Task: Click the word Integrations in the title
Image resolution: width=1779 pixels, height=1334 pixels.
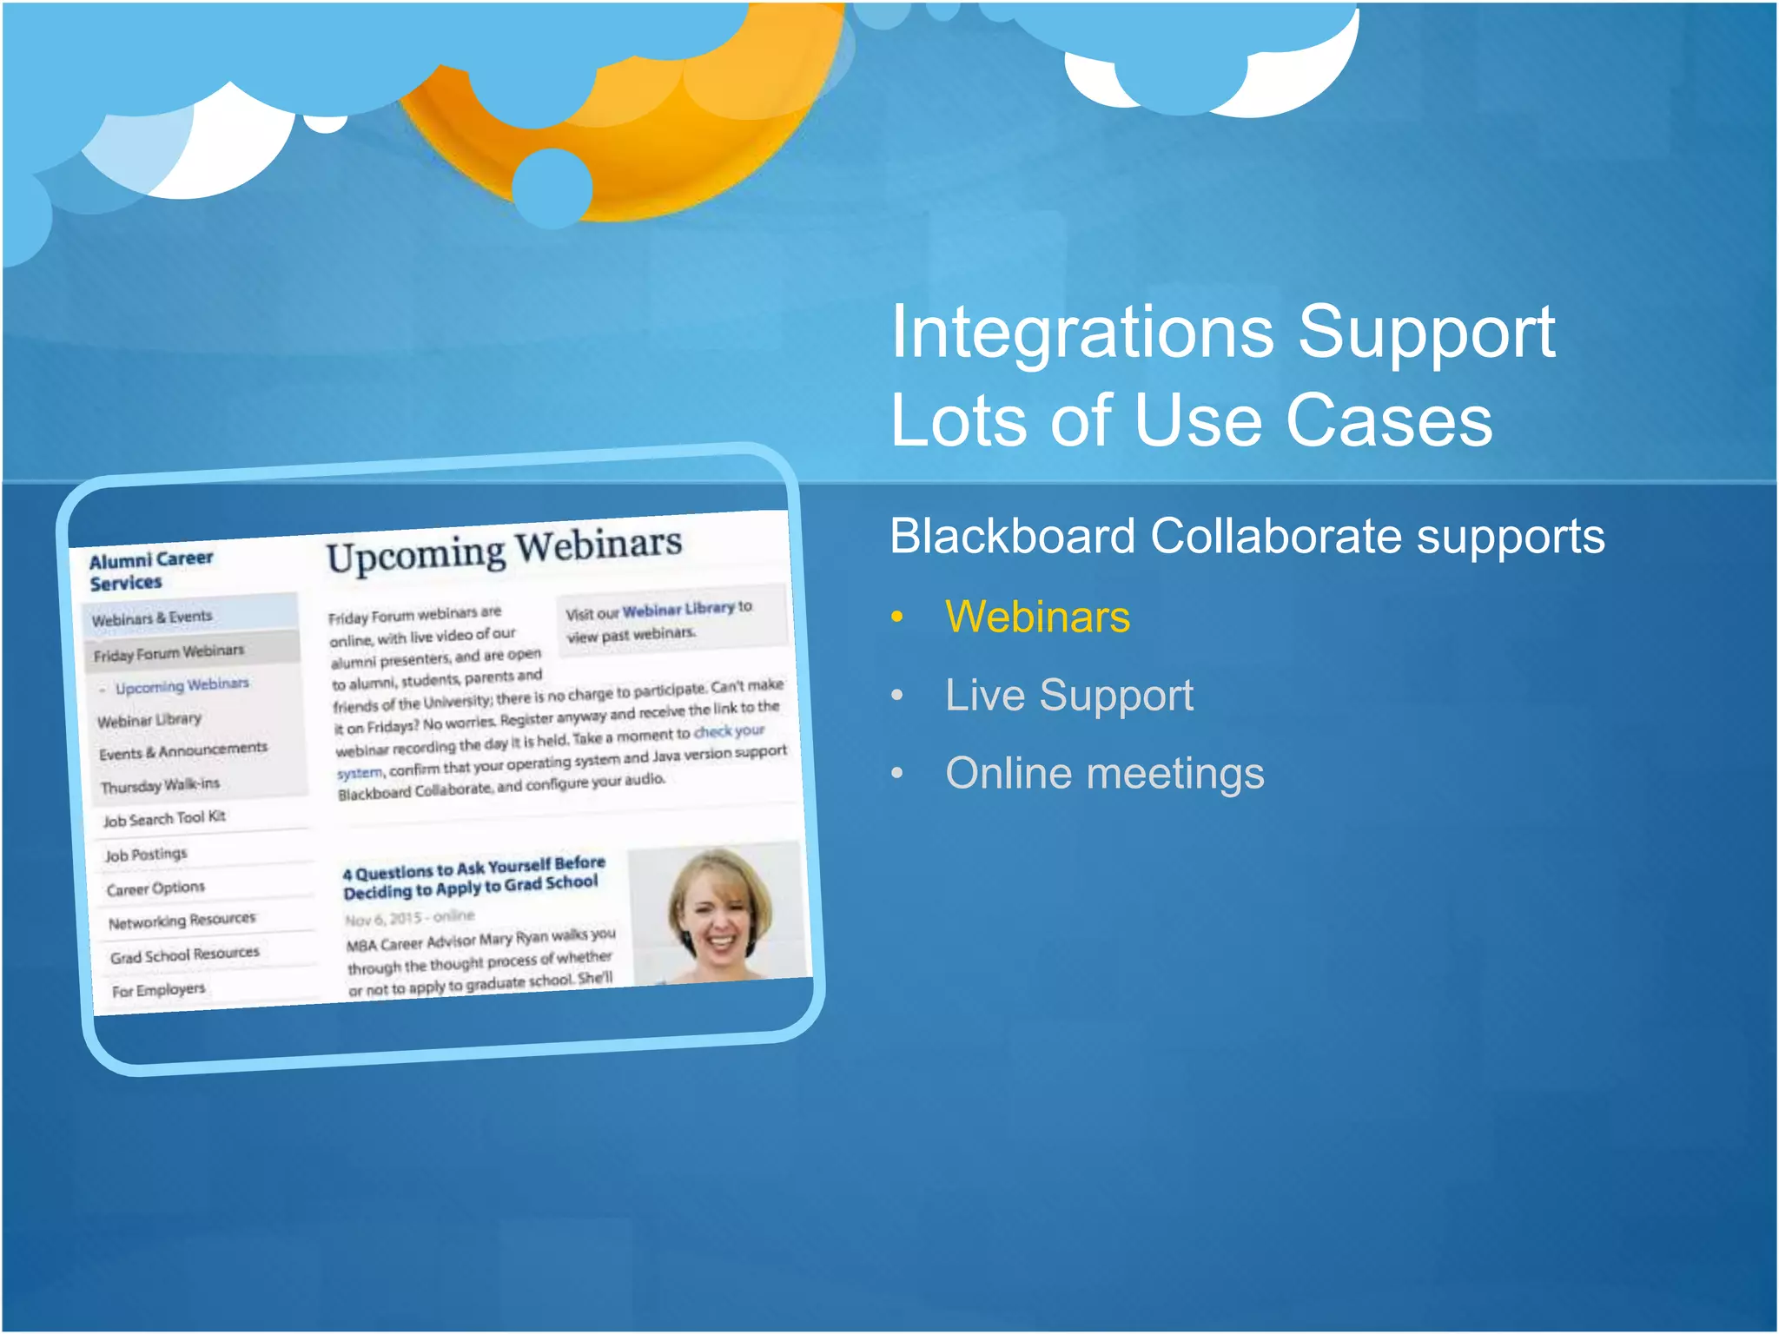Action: coord(1081,334)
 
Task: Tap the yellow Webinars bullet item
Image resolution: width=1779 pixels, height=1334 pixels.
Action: coord(1037,617)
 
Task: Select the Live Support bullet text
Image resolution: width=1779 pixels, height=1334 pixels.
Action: coord(1068,696)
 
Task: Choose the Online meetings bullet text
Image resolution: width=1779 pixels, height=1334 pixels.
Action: coord(1104,774)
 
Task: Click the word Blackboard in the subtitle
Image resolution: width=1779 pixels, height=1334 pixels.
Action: coord(1012,537)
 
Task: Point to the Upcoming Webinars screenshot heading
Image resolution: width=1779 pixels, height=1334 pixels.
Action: coord(504,551)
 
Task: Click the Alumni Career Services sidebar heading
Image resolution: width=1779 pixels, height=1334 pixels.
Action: coord(149,571)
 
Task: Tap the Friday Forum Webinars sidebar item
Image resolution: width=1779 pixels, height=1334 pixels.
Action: coord(169,652)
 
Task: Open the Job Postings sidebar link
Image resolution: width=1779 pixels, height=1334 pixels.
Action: coord(146,855)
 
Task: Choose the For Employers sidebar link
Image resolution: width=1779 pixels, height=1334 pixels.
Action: coord(159,990)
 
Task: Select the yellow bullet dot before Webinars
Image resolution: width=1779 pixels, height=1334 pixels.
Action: coord(897,617)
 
